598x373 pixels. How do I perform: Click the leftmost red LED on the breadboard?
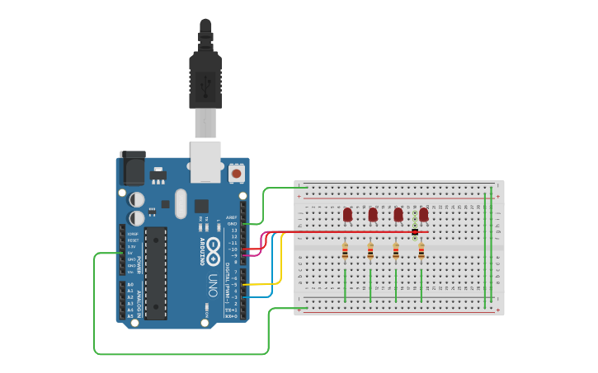pos(347,214)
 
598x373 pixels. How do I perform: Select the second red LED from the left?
pos(373,214)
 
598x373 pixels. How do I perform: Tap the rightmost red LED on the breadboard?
pos(423,214)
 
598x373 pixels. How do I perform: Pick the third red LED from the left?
pos(398,214)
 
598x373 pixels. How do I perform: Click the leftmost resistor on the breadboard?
pos(345,251)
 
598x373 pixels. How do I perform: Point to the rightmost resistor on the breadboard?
pos(421,251)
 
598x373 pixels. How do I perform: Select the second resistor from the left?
pos(370,251)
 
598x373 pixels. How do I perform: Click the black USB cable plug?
pos(205,78)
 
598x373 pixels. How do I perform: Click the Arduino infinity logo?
pos(213,246)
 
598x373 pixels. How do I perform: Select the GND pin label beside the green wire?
pos(232,223)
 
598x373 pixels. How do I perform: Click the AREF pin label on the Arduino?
pos(231,217)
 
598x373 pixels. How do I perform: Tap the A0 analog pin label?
pos(130,284)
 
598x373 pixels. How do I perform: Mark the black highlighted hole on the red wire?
pos(415,233)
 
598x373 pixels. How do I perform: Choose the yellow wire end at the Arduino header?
pos(244,285)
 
